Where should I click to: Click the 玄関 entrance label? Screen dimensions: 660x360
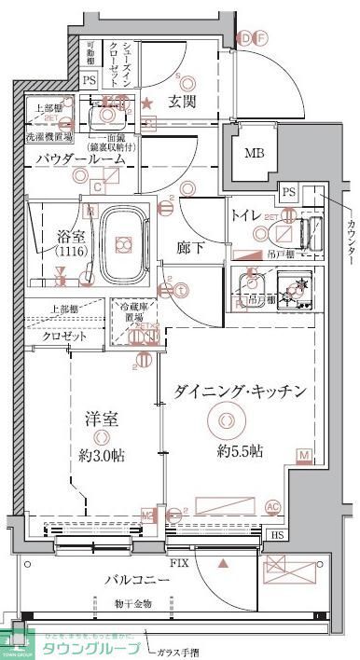(181, 101)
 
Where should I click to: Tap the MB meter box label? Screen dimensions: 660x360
(253, 154)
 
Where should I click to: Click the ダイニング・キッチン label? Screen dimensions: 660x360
(240, 392)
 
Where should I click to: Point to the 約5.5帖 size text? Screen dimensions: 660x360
(240, 450)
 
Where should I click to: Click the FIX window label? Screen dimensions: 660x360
(179, 563)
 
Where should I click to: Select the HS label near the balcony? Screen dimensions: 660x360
(277, 536)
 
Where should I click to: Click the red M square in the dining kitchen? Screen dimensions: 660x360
(304, 455)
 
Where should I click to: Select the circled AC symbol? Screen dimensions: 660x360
(273, 506)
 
